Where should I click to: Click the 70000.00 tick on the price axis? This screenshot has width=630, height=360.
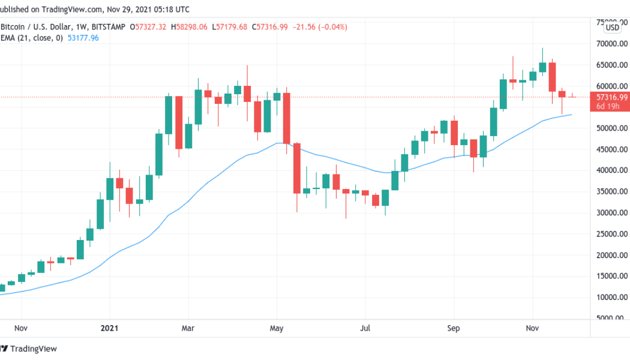pos(611,44)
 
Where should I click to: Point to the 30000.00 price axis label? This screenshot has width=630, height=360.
pos(611,213)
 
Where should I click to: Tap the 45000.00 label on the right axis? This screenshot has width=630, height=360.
pos(611,149)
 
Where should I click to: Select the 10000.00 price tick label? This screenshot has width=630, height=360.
pos(611,298)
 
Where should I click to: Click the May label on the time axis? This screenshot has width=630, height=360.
pos(277,329)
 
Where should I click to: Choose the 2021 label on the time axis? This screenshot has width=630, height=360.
pos(110,329)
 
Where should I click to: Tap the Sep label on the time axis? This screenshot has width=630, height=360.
pos(454,329)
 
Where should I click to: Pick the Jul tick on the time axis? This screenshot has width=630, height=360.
pos(365,329)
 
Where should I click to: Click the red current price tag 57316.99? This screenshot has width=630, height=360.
pos(610,97)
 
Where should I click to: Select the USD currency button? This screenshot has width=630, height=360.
pos(612,28)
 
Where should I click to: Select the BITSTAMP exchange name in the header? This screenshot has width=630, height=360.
pos(113,27)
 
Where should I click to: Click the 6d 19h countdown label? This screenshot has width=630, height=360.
pos(609,106)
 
